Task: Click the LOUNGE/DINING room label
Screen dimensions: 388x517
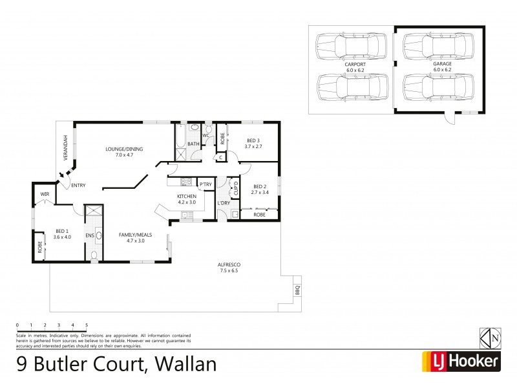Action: [x=125, y=149]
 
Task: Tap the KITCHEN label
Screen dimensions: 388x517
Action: [x=187, y=196]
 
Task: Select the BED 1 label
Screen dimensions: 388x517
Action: [x=62, y=231]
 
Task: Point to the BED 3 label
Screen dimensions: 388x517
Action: [x=253, y=140]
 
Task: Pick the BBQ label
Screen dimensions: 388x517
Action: [x=298, y=290]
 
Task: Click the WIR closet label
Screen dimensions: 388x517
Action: [x=45, y=193]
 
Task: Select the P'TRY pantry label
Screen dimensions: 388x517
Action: [x=206, y=185]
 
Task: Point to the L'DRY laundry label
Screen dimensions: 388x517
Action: [x=224, y=203]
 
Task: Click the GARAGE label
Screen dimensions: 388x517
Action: [x=442, y=65]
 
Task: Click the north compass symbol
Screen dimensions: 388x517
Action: [x=491, y=338]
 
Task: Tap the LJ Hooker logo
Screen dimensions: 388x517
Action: [x=461, y=361]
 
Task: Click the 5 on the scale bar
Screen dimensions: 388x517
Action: [x=86, y=325]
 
